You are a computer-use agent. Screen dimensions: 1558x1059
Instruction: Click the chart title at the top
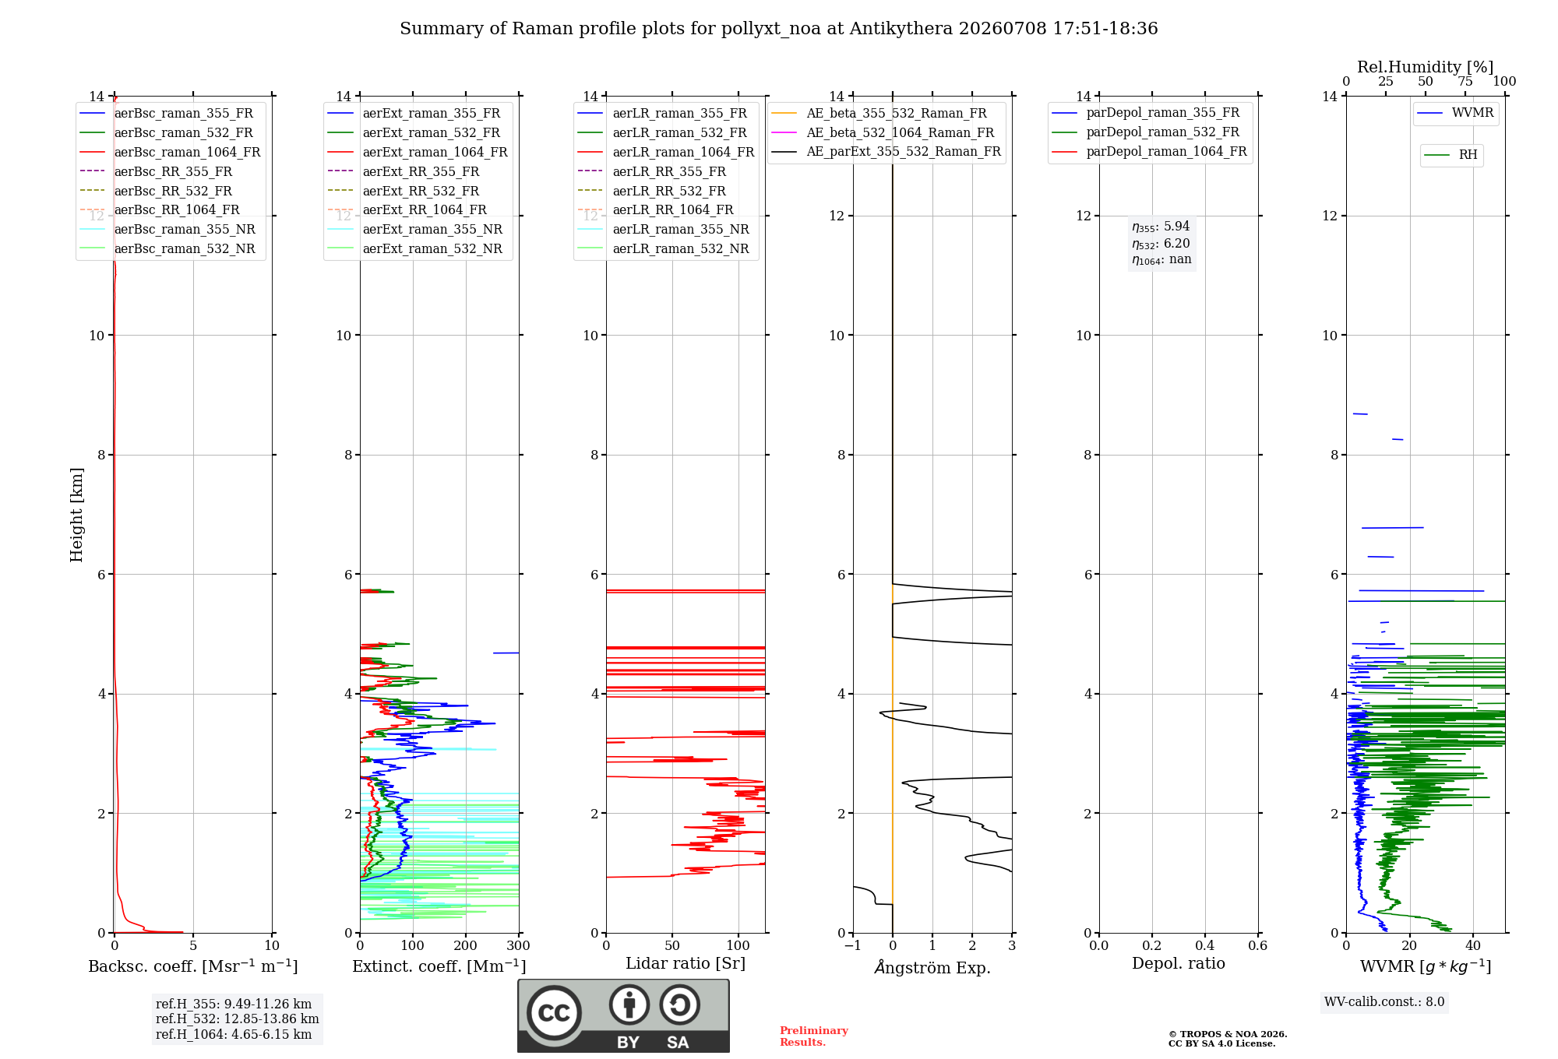coord(778,29)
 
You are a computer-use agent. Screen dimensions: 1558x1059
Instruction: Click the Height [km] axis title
coord(76,515)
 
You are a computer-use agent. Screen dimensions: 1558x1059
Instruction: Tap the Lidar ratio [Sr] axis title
coord(686,963)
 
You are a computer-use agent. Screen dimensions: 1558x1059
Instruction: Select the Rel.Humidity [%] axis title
coord(1426,67)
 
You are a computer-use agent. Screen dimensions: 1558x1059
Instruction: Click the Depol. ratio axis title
coord(1179,963)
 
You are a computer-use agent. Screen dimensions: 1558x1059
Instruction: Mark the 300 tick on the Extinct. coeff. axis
coord(518,945)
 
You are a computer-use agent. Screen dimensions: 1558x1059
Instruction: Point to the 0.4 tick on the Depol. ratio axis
coord(1204,945)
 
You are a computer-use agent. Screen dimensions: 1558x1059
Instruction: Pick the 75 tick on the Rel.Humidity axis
coord(1465,82)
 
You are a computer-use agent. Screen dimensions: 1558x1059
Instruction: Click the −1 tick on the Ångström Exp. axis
coord(853,945)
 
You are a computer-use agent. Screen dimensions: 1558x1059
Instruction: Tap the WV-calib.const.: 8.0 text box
coord(1384,1002)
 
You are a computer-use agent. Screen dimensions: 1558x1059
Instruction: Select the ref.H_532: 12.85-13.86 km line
coord(237,1019)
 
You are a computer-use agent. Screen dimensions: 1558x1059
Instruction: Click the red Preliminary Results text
coord(814,1036)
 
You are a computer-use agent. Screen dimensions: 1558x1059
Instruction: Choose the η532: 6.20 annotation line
coord(1161,244)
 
